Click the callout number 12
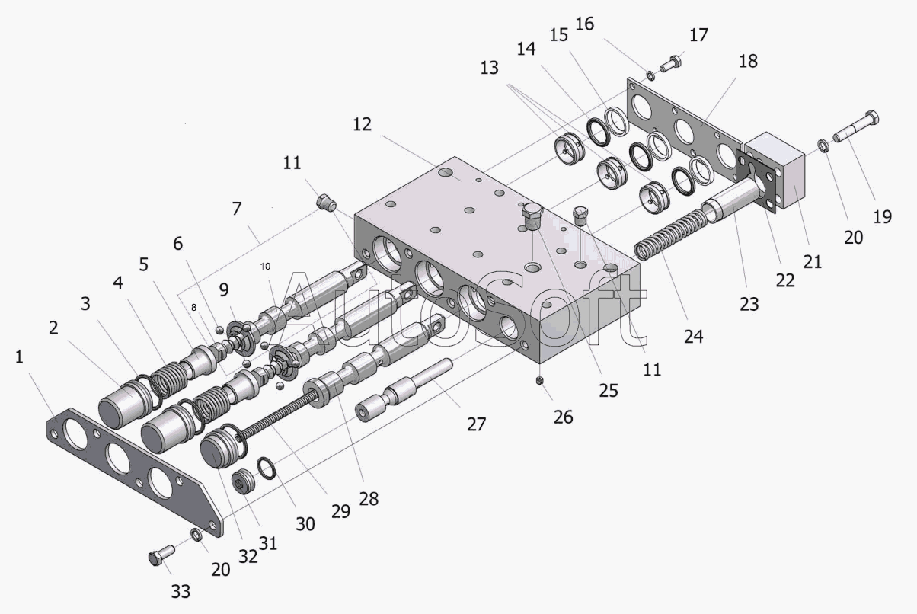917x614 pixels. pyautogui.click(x=362, y=124)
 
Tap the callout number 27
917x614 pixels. pyautogui.click(x=477, y=424)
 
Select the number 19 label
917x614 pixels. pyautogui.click(x=882, y=216)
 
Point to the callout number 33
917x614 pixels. pyautogui.click(x=181, y=591)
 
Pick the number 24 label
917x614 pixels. pyautogui.click(x=693, y=335)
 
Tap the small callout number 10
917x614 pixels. pyautogui.click(x=265, y=267)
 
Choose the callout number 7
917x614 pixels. pyautogui.click(x=237, y=207)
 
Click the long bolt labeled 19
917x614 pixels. pyautogui.click(x=857, y=127)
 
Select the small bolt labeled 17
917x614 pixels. pyautogui.click(x=671, y=65)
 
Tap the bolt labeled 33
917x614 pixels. pyautogui.click(x=158, y=558)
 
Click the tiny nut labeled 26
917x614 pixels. pyautogui.click(x=540, y=379)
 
